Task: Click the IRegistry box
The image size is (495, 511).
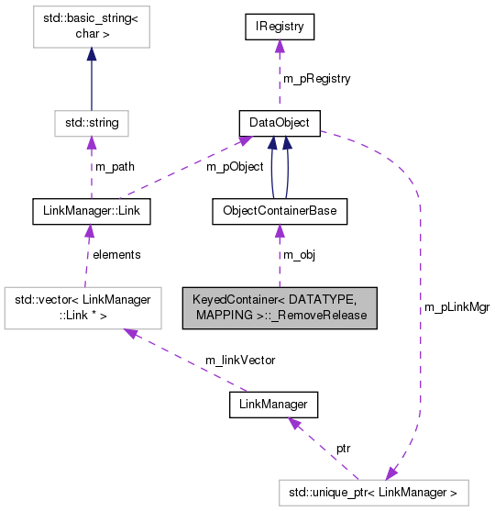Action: (280, 27)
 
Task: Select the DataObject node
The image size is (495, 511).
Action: (280, 122)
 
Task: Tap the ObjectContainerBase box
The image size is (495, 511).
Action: (280, 211)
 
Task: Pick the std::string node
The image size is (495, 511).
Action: (90, 122)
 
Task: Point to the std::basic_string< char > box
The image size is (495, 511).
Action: (90, 28)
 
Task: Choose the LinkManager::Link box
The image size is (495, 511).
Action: (90, 211)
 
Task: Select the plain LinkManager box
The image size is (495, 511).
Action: (272, 403)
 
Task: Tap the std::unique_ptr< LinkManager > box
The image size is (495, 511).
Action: (373, 493)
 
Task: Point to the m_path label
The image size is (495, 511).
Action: (115, 166)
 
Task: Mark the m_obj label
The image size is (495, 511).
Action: (300, 255)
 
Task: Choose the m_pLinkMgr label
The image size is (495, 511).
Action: (456, 307)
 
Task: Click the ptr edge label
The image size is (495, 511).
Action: (343, 450)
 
